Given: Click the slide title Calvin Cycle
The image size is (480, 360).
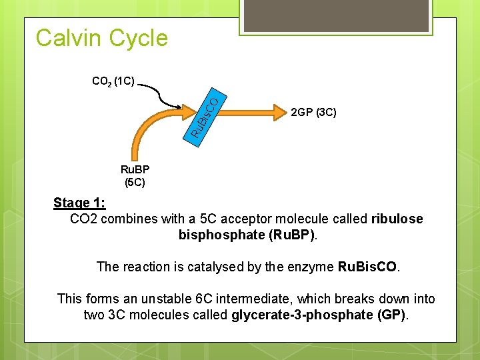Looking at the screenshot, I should [102, 38].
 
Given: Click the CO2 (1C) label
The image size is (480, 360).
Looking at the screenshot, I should [113, 82].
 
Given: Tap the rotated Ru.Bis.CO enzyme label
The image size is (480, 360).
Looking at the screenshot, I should [203, 117].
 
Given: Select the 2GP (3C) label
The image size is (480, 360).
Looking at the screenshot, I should [314, 112].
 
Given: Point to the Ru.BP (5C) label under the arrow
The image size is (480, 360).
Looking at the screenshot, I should [135, 175].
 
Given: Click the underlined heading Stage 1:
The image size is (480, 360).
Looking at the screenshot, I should [79, 203].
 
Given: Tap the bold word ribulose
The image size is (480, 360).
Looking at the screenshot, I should [397, 219].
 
